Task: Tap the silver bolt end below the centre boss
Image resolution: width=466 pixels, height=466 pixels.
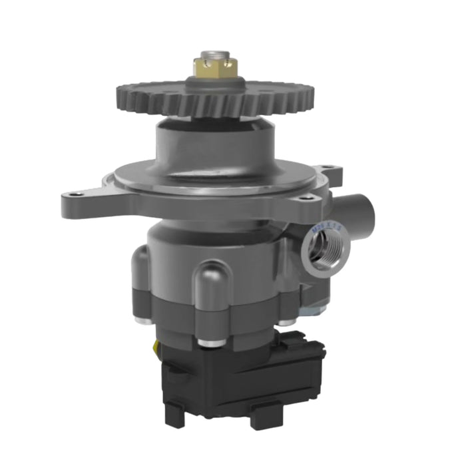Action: point(210,343)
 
